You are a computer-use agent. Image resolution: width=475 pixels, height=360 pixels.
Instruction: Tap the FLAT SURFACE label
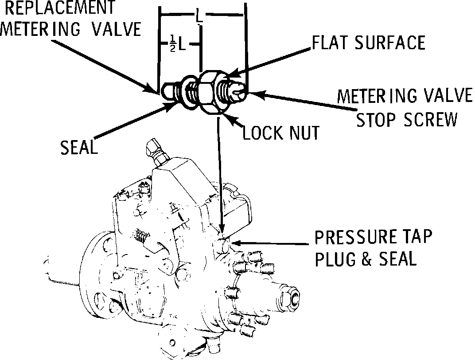(x=368, y=43)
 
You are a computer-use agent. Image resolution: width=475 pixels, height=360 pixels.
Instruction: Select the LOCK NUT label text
(x=281, y=133)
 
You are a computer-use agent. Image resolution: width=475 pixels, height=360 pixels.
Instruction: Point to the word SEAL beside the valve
(x=78, y=147)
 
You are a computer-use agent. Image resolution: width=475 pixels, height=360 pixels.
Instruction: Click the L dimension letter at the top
(x=200, y=18)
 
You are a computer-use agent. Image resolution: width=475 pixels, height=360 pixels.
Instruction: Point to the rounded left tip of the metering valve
(x=166, y=90)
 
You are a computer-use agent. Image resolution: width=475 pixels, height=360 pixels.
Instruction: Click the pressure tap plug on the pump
(x=224, y=243)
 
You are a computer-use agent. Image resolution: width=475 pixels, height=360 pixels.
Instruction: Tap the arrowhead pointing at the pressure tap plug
(x=235, y=243)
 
